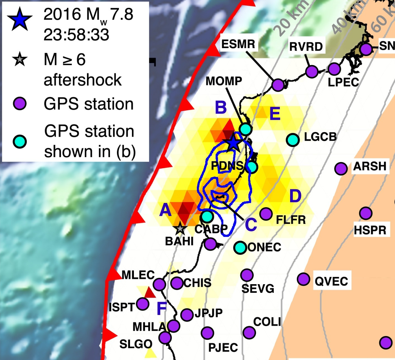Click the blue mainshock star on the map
(234, 143)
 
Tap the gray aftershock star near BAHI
(180, 228)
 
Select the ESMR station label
(238, 44)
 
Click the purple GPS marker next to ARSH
(341, 169)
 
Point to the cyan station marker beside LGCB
(293, 140)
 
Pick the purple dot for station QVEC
(304, 279)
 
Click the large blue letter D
(295, 196)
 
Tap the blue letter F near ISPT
(162, 308)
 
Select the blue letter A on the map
(165, 210)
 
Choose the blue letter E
(275, 114)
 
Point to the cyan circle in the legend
(20, 142)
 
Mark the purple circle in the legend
(20, 104)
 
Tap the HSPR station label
(370, 230)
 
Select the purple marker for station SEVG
(247, 275)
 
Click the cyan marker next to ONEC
(240, 248)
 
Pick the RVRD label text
(306, 47)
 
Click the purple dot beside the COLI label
(249, 332)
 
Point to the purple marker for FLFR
(266, 213)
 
